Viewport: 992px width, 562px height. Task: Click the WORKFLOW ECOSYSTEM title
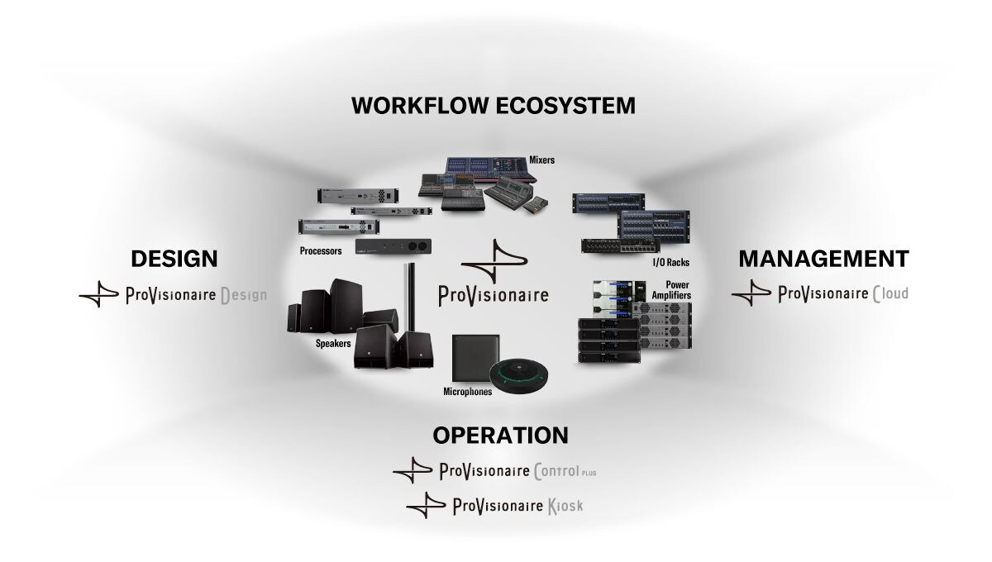(x=493, y=106)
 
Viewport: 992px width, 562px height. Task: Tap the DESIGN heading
(x=174, y=259)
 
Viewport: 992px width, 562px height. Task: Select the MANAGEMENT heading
(x=823, y=258)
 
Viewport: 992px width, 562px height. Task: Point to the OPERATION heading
(x=501, y=435)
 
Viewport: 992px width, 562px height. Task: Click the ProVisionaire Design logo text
(x=196, y=295)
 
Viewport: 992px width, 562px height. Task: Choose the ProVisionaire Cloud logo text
(x=843, y=293)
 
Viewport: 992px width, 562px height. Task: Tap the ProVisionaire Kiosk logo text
(x=517, y=504)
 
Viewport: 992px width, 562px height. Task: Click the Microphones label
(x=467, y=392)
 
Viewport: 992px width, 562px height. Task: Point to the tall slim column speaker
(x=408, y=298)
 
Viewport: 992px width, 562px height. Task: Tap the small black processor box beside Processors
(x=393, y=246)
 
